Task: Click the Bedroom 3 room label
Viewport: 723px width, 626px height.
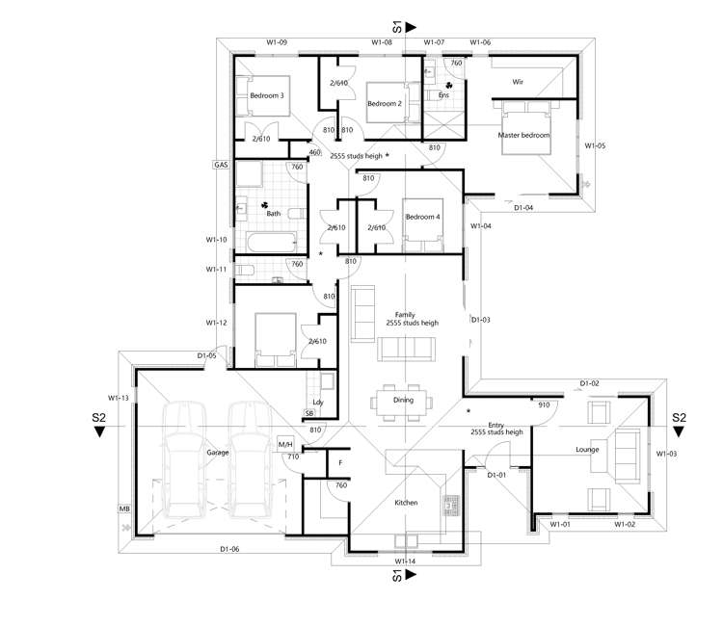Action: pos(267,96)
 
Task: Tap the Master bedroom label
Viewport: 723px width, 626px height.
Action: pos(523,136)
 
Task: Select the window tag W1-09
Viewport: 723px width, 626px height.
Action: pos(277,42)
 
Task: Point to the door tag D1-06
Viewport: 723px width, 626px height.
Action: pos(229,550)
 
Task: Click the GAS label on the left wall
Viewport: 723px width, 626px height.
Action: pos(220,166)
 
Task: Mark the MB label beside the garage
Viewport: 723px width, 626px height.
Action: pos(124,508)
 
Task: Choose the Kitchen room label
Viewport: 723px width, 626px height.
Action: pos(406,503)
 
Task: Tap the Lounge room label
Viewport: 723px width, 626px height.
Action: pos(588,450)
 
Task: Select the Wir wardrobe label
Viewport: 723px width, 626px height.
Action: pos(518,82)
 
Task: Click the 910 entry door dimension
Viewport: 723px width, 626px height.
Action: pos(544,405)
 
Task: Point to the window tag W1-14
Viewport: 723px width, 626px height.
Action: pos(405,561)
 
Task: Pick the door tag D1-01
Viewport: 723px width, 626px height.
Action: pos(497,476)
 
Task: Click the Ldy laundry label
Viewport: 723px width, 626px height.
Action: pos(317,403)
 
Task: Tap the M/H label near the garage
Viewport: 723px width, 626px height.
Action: pos(286,444)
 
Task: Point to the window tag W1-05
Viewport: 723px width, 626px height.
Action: pos(595,146)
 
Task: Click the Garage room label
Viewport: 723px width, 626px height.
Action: pos(218,452)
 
